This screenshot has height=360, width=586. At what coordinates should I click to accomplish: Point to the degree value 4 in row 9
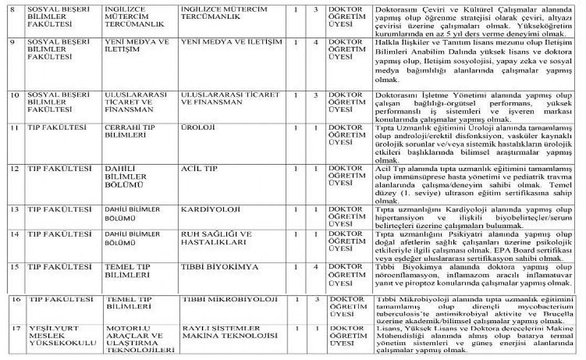coord(316,41)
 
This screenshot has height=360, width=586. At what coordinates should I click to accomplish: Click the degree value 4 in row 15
coord(316,267)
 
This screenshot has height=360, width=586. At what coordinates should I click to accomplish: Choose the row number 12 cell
coord(15,168)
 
